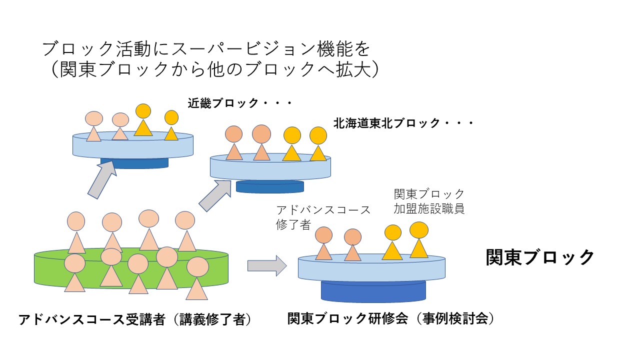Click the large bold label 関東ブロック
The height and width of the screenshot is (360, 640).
[x=540, y=257]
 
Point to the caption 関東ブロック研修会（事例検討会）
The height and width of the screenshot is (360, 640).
[x=391, y=319]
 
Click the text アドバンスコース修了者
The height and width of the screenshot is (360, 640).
[x=323, y=217]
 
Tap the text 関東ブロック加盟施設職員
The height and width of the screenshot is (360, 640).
[x=429, y=201]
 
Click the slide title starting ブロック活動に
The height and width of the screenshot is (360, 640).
[x=206, y=49]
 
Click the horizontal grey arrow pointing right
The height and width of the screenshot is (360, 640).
[x=266, y=265]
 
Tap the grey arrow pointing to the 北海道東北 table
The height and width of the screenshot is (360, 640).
[x=213, y=195]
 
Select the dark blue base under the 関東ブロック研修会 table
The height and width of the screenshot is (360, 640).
[x=373, y=291]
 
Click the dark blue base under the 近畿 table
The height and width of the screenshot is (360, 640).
[x=134, y=163]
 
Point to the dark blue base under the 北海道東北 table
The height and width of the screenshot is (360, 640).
[x=269, y=186]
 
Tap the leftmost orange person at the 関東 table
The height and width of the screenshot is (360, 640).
[x=324, y=244]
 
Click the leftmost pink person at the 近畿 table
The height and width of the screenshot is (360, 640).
[x=94, y=127]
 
